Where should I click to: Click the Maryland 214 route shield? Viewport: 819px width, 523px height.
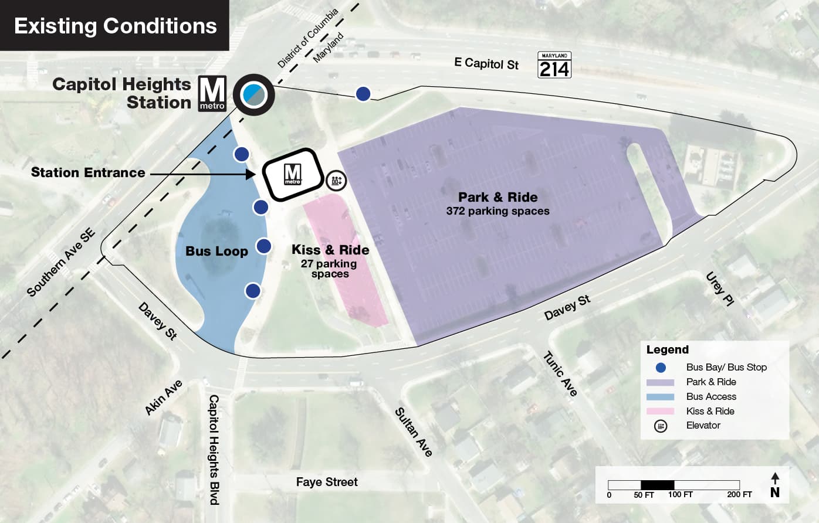[554, 65]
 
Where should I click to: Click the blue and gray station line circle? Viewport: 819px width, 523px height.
[253, 94]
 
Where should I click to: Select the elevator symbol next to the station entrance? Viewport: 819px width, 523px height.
[336, 180]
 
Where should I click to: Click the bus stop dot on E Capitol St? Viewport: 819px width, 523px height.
[363, 93]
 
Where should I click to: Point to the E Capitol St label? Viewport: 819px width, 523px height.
[486, 63]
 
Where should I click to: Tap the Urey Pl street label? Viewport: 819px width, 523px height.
[720, 288]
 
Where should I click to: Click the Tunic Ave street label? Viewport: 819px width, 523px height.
[560, 373]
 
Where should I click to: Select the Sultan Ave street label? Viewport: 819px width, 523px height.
[414, 432]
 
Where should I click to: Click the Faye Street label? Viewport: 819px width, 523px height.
[327, 482]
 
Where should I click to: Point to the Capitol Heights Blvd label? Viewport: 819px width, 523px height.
[214, 449]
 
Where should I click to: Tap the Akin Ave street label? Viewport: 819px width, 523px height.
[164, 398]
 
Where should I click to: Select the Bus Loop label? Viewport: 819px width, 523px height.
[216, 251]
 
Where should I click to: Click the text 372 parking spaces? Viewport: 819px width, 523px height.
[498, 211]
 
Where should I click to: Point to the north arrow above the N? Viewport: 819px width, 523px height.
[775, 478]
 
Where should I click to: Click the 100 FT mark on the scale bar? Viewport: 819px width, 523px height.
[680, 494]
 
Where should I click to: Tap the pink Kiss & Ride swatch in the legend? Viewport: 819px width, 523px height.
[660, 411]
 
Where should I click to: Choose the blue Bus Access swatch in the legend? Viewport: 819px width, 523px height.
[660, 396]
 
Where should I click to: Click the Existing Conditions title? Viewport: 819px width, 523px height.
[115, 26]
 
